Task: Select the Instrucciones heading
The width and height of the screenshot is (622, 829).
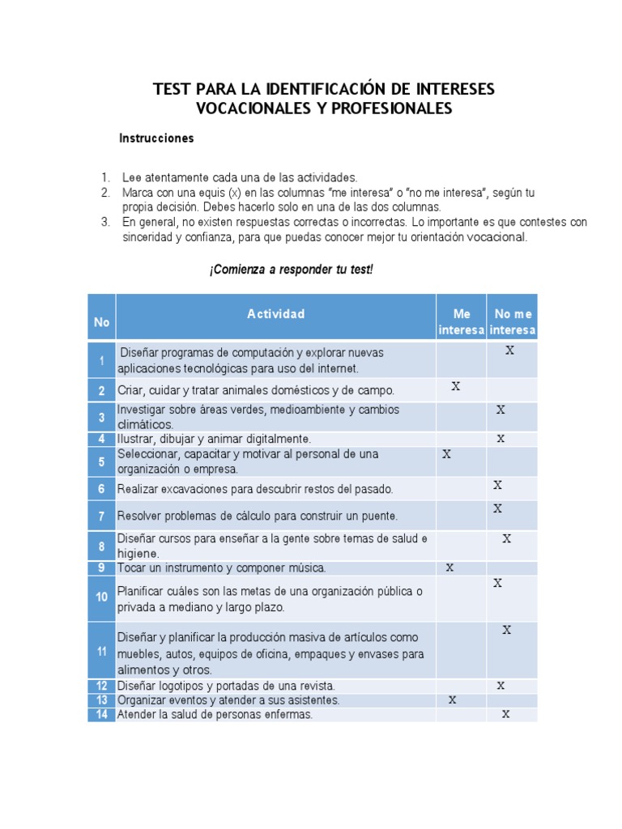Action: click(156, 138)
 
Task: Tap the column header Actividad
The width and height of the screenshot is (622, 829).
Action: click(275, 314)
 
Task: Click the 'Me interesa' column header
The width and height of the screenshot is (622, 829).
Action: click(461, 321)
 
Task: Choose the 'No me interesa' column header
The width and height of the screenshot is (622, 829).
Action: click(513, 321)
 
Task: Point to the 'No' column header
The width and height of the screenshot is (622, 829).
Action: click(101, 322)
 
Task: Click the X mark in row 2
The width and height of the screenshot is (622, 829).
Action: click(456, 387)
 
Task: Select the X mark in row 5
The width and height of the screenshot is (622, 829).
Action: click(446, 454)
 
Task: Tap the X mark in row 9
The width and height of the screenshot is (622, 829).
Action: click(449, 568)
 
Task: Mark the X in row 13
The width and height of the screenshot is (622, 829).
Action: click(453, 699)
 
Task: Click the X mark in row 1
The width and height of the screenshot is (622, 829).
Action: click(509, 351)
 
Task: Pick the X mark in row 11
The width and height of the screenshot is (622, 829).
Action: click(506, 630)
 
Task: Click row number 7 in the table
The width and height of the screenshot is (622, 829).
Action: click(101, 516)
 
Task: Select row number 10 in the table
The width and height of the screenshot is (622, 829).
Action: click(101, 598)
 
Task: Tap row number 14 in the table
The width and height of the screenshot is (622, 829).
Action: click(101, 714)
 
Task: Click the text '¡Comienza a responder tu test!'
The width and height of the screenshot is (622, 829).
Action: click(291, 270)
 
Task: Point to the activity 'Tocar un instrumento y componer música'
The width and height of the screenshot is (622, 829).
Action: click(221, 568)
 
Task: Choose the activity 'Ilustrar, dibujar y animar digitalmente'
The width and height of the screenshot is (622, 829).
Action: click(214, 439)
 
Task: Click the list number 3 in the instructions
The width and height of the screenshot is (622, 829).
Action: click(105, 222)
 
